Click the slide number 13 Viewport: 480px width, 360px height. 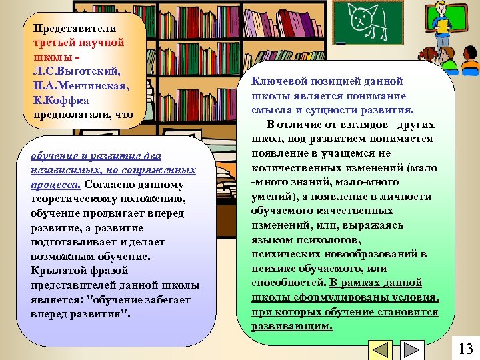coord(466,348)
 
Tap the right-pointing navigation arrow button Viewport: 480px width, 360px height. coord(413,351)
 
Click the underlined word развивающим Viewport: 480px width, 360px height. coord(291,327)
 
